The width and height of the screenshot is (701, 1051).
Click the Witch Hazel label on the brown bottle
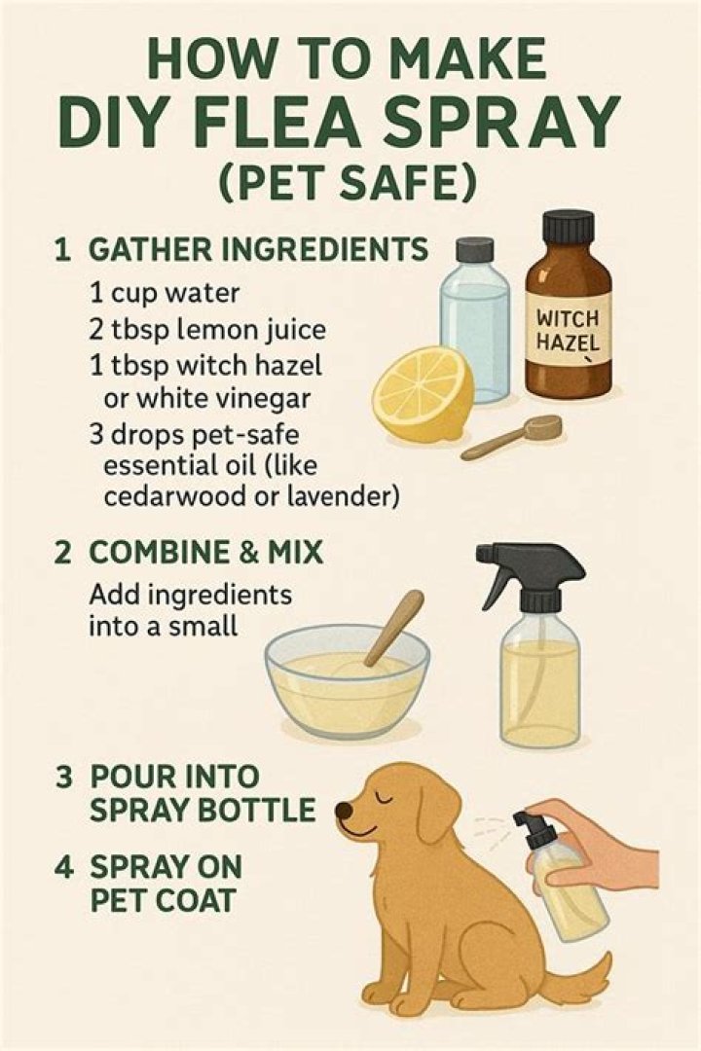(569, 331)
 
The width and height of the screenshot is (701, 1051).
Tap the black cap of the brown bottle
(569, 227)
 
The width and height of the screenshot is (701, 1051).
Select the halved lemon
(423, 394)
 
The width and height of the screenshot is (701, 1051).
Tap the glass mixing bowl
(347, 680)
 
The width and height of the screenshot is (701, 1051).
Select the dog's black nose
(343, 810)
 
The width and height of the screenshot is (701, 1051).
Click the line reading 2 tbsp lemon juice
(207, 329)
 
